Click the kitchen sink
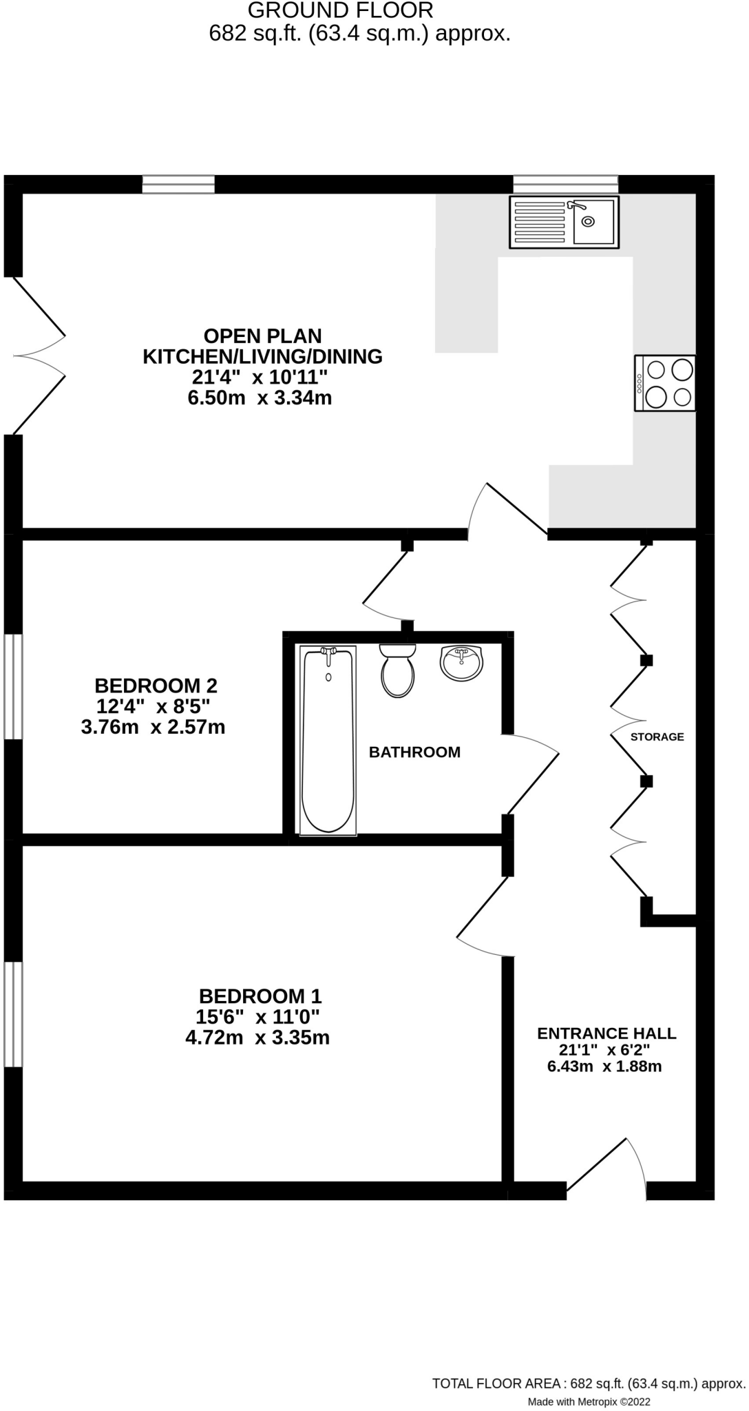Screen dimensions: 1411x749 (564, 222)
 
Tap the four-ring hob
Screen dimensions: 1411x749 (665, 383)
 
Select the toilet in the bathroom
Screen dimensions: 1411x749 (398, 671)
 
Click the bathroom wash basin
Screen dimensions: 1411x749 (461, 663)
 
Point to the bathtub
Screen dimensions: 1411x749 (328, 740)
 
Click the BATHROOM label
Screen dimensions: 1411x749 (414, 752)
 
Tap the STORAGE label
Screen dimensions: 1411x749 (657, 737)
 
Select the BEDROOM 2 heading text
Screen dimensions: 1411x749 (156, 686)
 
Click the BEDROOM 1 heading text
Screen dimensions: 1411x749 (260, 996)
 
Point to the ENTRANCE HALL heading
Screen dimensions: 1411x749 (606, 1033)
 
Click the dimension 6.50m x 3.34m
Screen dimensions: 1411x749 (260, 398)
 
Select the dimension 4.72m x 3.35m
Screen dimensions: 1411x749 (257, 1038)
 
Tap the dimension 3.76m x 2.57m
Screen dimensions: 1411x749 (153, 727)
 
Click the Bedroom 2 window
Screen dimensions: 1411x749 (13, 686)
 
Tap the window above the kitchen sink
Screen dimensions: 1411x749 (565, 184)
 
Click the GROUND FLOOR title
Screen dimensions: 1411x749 (340, 10)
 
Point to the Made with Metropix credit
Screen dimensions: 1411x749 (589, 1401)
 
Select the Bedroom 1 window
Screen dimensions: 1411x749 (13, 1013)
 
